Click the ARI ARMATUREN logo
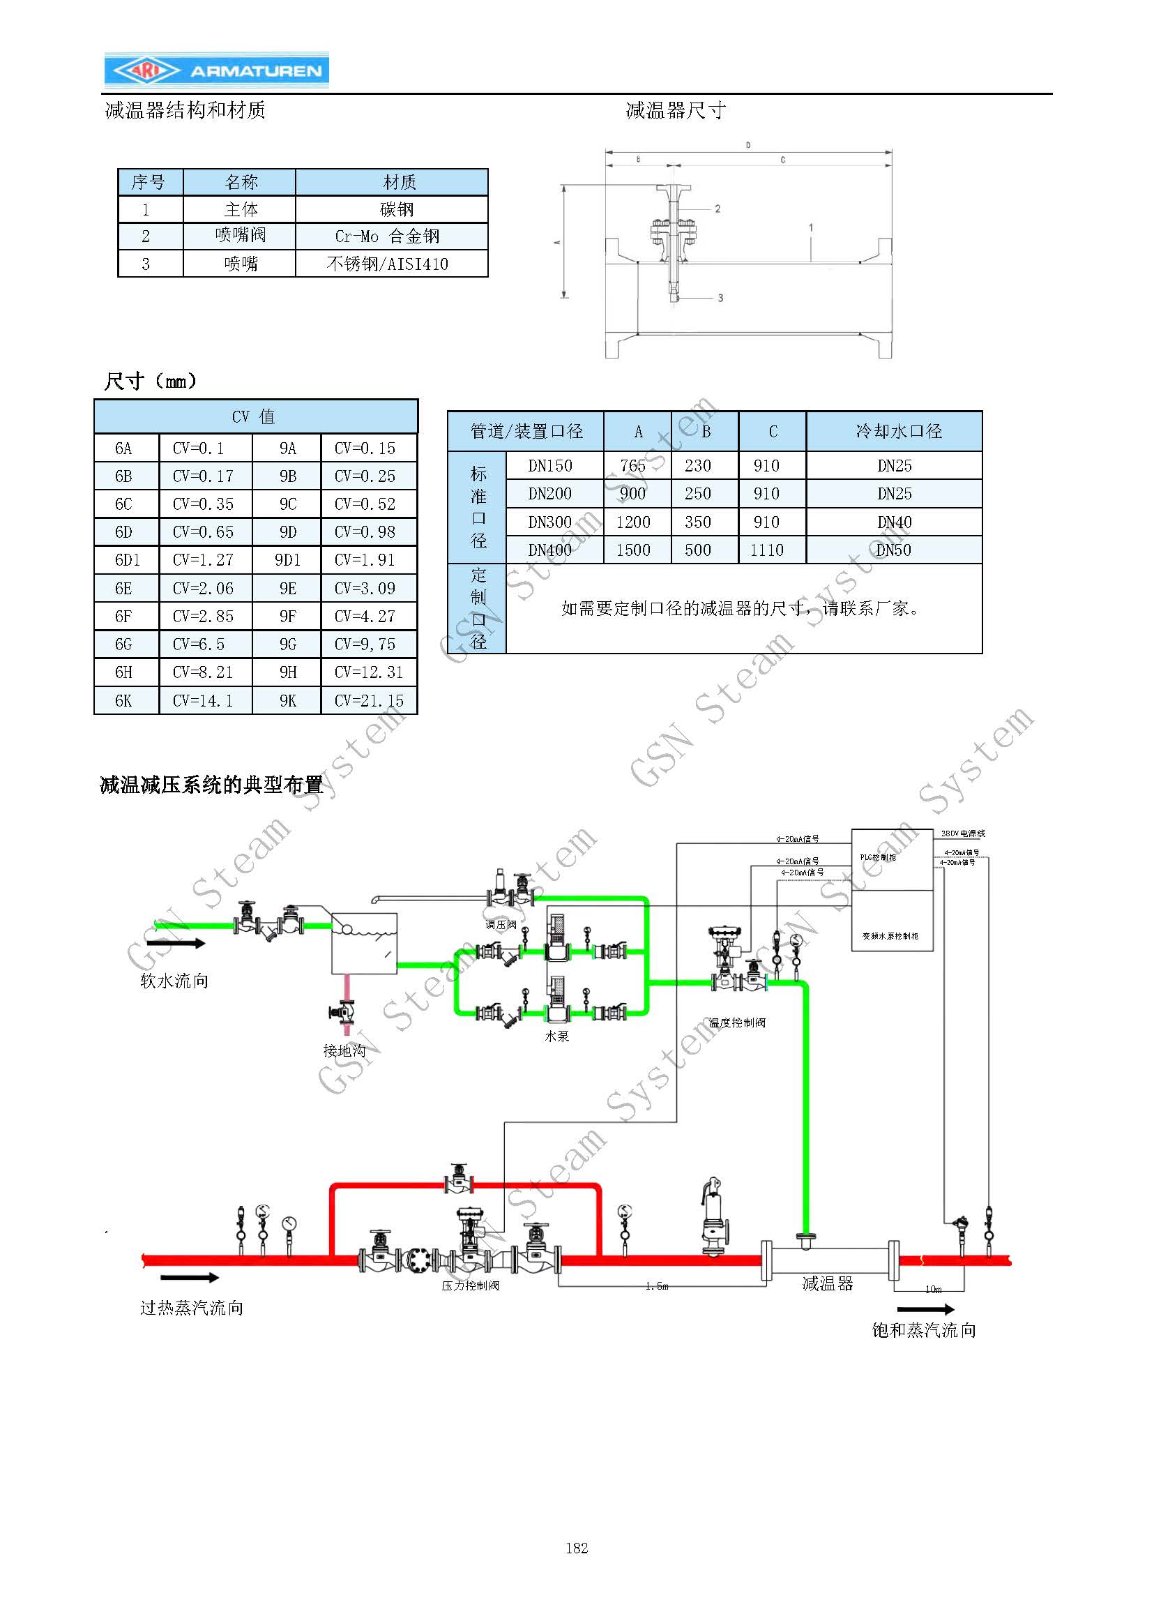pos(217,70)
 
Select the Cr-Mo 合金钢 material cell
pos(391,236)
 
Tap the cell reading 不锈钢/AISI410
pos(391,264)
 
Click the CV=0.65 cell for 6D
pos(204,532)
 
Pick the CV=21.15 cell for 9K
pos(368,701)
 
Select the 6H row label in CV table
pos(124,672)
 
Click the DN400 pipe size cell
pos(549,550)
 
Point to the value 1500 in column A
pos(632,550)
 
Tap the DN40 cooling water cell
pos(894,522)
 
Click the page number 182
pos(577,1548)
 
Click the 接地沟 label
pos(344,1050)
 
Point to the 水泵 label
pos(557,1036)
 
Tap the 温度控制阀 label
pos(737,1023)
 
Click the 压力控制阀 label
pos(471,1285)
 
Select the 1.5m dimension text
pos(657,1286)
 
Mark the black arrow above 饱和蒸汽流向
pos(925,1309)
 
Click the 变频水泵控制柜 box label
pos(890,936)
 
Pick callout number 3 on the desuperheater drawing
pos(720,298)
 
